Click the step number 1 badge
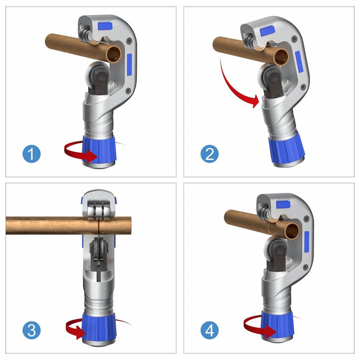click(x=31, y=154)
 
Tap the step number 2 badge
click(x=209, y=154)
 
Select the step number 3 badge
click(x=31, y=330)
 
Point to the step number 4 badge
click(x=209, y=330)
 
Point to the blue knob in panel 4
click(x=281, y=324)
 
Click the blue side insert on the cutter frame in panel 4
click(x=307, y=242)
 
